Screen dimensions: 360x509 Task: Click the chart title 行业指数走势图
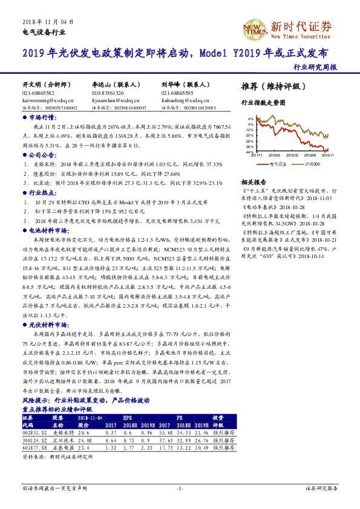263,103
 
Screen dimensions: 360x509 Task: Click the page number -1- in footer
180,488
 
